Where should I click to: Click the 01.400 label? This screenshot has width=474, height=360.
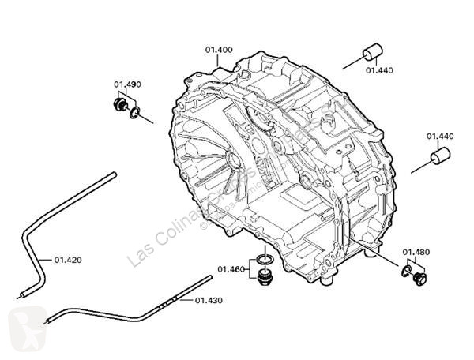tap(220, 50)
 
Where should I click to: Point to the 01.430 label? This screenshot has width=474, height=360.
tap(209, 301)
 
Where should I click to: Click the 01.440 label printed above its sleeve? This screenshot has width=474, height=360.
tap(441, 136)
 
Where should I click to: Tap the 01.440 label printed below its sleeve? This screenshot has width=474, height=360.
tap(378, 70)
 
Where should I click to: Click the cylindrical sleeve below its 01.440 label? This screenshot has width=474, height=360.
tap(438, 156)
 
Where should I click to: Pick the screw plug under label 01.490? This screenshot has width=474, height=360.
tap(122, 105)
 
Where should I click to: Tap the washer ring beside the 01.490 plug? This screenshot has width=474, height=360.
tap(136, 114)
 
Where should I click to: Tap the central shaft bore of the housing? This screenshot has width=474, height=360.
tap(235, 162)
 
